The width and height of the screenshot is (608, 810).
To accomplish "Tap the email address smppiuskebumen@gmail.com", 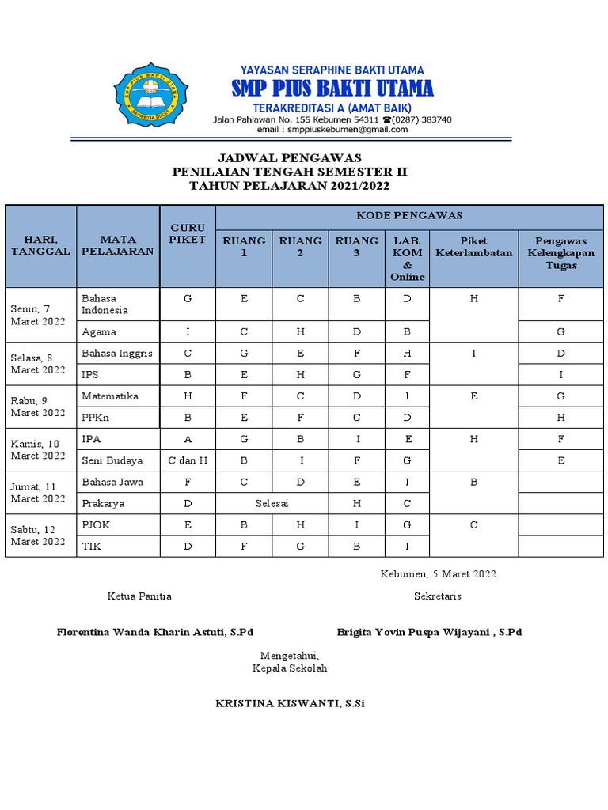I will pos(332,130).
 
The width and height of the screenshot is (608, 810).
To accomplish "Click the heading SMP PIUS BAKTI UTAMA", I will pos(332,88).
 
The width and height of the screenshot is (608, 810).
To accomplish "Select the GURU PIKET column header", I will pos(188,233).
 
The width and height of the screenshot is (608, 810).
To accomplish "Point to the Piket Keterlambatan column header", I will pos(473,247).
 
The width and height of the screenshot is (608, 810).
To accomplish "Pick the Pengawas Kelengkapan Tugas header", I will pos(560,253).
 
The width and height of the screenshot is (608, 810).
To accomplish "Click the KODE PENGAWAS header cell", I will pos(409,216).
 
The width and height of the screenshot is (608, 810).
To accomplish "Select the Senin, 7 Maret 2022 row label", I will pos(38,315).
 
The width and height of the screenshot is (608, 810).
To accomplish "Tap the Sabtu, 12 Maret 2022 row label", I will pos(38,536).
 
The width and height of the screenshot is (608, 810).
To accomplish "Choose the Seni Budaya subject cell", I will pos(112,460).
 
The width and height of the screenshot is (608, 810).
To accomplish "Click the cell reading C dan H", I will pos(188,460).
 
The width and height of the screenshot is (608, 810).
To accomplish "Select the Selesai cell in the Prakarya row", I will pos(272,503).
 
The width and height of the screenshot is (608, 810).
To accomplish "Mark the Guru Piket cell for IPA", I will pos(188,439).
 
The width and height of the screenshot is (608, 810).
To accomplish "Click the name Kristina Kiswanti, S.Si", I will pos(290,703).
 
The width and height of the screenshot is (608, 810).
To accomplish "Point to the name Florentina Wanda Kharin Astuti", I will pos(155,632).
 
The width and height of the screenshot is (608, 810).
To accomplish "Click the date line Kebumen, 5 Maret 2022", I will pos(438,574).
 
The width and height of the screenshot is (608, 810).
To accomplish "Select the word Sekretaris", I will pos(437,596).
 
